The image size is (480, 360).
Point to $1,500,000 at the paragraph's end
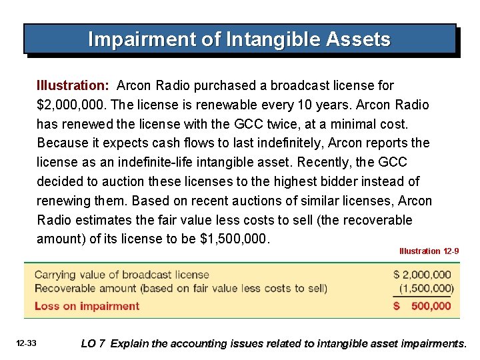[235, 239]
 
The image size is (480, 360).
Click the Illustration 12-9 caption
[429, 251]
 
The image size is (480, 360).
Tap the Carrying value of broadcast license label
[121, 275]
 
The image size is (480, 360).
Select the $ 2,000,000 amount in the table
[422, 275]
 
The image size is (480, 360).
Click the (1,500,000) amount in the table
[426, 289]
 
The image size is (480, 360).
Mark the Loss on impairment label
[87, 306]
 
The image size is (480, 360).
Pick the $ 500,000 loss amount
[422, 306]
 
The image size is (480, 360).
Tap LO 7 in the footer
[93, 344]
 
